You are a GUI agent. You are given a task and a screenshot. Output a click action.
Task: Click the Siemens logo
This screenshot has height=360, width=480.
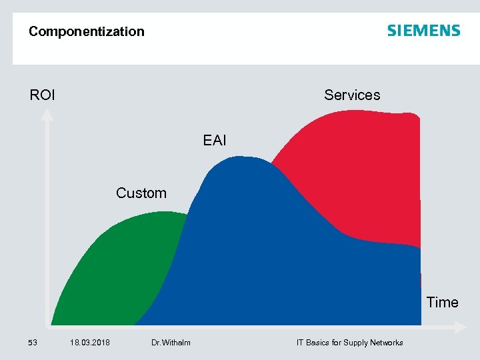coord(423,31)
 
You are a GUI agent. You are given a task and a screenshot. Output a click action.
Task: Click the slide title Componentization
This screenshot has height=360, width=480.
coord(86,31)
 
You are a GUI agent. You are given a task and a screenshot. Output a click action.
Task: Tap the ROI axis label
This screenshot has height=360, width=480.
coord(43,95)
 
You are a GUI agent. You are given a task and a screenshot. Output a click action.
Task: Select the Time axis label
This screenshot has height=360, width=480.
coord(442,303)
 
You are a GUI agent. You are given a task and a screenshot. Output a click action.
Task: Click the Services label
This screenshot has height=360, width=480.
coord(352,95)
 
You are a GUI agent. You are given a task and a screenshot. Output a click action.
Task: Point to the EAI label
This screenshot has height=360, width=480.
coord(215,141)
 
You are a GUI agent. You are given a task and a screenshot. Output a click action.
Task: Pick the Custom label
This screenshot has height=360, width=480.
coord(141,193)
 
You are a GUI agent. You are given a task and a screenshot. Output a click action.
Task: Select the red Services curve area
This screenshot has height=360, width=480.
coord(353,173)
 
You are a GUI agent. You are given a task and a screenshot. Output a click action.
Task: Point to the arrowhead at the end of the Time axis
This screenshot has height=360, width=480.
coord(460,327)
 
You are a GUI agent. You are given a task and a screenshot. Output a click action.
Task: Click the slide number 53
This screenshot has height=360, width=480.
coord(32,343)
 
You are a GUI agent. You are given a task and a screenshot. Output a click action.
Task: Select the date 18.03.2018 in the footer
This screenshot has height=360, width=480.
coord(90,343)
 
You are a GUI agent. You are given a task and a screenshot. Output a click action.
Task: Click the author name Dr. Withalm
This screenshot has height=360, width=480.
coord(171,343)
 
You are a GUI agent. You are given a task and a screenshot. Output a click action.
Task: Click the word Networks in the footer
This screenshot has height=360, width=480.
coord(388,343)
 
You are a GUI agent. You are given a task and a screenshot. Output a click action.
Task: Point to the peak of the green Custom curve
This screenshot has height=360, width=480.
coord(160,213)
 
